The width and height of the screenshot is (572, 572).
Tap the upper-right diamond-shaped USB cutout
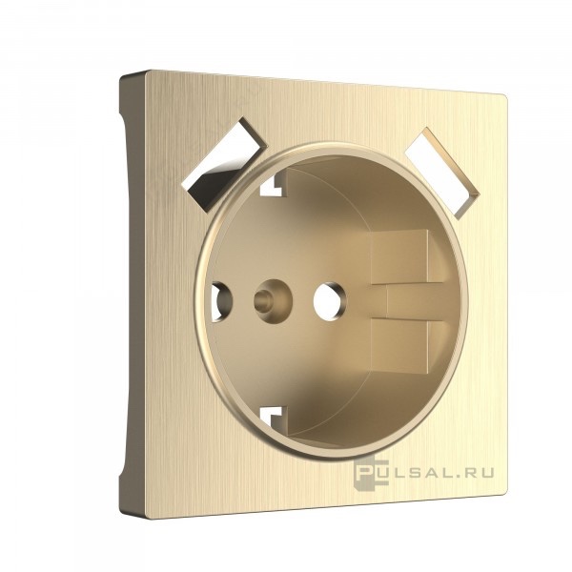pos(442,174)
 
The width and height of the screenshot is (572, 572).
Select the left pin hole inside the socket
pos(220,302)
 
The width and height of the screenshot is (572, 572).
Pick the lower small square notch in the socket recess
pos(273,417)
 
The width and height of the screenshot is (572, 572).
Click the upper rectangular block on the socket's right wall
pos(406,256)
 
